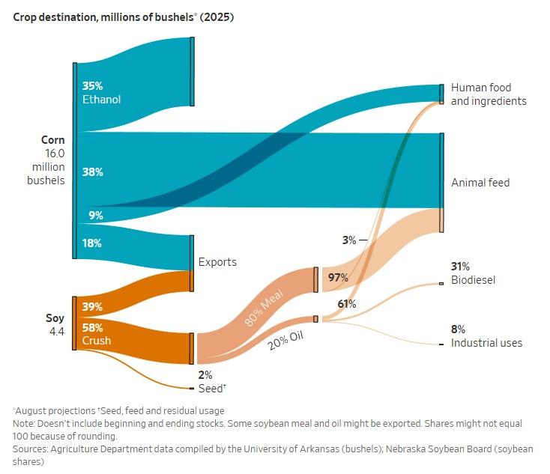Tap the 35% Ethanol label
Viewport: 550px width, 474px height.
101,92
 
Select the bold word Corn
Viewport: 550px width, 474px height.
53,140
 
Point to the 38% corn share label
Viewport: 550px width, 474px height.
92,171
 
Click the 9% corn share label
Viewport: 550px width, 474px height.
95,216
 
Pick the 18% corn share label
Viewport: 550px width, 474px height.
92,243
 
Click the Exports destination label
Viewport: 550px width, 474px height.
217,262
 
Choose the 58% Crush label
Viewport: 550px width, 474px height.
97,334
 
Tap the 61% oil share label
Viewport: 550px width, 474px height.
347,304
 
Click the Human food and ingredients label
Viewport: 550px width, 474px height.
488,94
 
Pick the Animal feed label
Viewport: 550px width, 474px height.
480,183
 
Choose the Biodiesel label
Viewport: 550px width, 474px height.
473,280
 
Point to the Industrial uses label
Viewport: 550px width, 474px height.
486,343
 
